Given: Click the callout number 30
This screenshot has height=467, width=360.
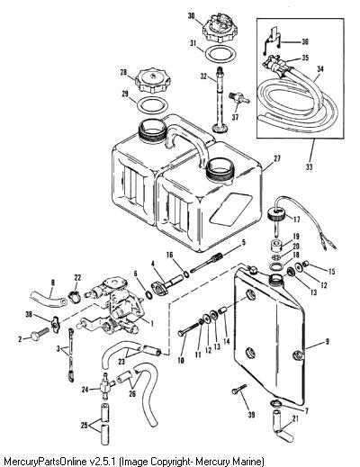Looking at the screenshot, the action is point(192,15).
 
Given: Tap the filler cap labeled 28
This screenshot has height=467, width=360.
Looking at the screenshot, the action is point(153,80).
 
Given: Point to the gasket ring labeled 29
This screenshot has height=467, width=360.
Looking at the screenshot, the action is point(152,105).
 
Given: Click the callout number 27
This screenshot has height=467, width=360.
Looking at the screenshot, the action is point(277,158).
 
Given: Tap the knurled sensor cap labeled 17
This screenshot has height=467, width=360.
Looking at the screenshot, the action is point(276,214).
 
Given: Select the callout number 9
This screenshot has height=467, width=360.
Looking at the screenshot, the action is point(328,342).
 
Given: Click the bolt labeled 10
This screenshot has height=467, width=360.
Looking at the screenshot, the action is point(191,328).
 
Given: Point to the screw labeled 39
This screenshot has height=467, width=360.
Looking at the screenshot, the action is point(238,390).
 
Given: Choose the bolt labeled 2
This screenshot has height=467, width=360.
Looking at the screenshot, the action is point(40,334).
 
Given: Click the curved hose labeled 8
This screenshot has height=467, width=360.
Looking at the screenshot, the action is point(49,300).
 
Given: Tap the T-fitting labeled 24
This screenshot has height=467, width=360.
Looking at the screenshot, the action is point(106,386).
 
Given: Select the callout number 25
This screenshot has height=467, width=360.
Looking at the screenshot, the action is point(85,425).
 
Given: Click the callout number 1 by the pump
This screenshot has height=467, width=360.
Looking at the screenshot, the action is point(152,324).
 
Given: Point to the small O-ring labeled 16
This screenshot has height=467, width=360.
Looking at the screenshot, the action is point(186,274).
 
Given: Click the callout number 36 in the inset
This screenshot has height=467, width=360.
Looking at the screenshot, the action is point(305,41).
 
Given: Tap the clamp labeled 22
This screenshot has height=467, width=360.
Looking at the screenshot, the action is point(74,296).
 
